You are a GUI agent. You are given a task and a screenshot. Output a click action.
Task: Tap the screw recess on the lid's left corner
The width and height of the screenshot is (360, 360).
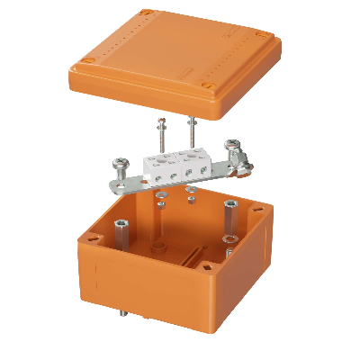click(x=85, y=60)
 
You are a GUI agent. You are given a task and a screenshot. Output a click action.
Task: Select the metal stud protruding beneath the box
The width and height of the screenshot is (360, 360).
click(x=120, y=316)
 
